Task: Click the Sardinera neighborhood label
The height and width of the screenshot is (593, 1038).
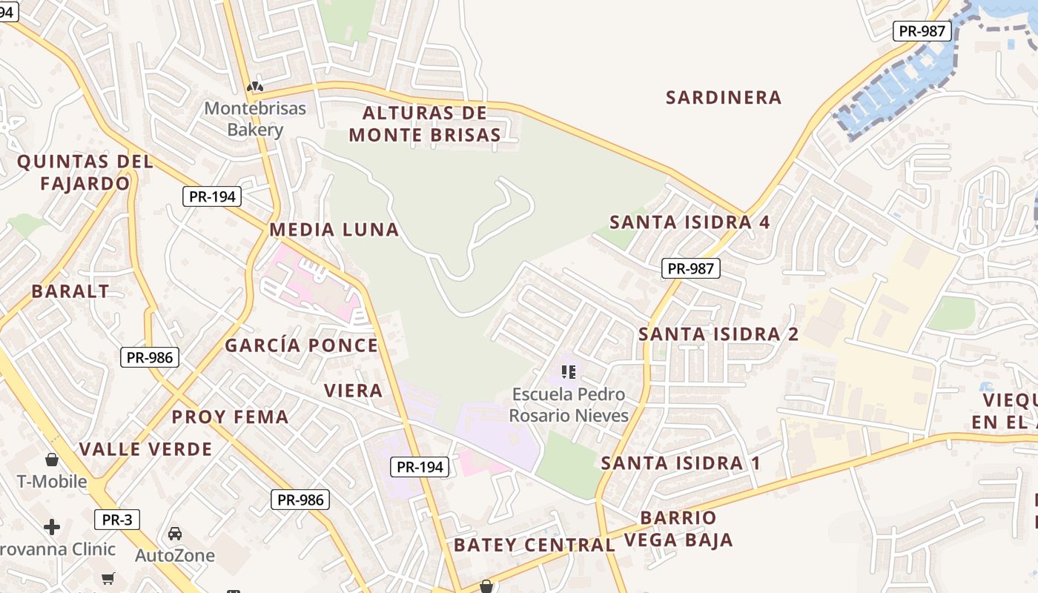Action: click(724, 97)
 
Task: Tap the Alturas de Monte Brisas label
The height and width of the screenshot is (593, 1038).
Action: click(425, 124)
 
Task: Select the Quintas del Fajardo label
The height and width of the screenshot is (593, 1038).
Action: click(85, 172)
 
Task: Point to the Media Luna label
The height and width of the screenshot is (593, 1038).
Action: click(334, 230)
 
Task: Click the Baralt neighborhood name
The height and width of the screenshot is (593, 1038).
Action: click(70, 291)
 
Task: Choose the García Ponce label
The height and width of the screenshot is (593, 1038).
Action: click(302, 345)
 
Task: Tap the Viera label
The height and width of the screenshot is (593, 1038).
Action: click(354, 391)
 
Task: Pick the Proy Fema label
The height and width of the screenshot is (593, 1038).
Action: click(231, 417)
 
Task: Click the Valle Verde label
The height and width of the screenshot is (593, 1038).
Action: click(146, 449)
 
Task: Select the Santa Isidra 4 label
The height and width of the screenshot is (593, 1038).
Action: click(690, 222)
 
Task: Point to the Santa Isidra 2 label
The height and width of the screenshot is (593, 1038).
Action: click(718, 334)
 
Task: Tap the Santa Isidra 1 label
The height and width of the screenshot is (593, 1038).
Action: click(681, 463)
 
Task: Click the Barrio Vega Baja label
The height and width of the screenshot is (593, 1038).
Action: click(678, 529)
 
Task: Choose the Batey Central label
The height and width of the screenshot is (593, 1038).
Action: click(535, 546)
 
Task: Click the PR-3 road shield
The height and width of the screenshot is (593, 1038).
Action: click(117, 520)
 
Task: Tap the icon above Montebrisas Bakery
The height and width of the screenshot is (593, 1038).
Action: click(255, 87)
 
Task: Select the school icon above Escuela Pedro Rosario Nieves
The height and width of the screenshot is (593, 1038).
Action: click(569, 371)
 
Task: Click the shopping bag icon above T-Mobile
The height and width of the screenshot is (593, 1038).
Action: click(52, 460)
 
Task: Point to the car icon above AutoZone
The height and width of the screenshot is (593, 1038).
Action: click(175, 534)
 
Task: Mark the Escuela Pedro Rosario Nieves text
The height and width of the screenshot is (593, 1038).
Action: click(569, 405)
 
